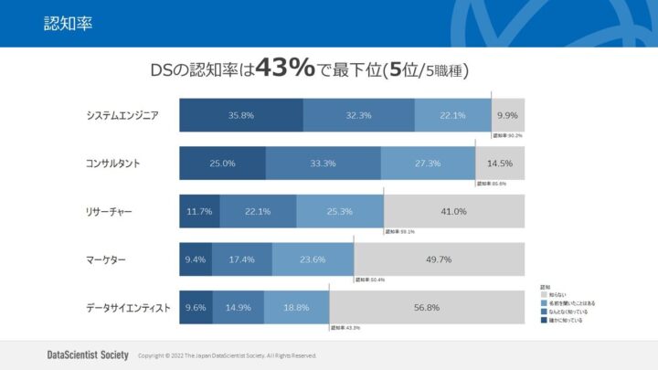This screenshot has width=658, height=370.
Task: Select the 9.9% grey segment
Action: tap(508, 116)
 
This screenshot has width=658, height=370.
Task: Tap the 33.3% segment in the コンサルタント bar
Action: tap(323, 164)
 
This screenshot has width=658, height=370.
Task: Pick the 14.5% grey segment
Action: tap(500, 164)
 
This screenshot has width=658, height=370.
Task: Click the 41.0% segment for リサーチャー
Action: tap(454, 212)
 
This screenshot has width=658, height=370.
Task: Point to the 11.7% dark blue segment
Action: tap(199, 212)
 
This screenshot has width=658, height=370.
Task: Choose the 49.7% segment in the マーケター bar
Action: tap(439, 259)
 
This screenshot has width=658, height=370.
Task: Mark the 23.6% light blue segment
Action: tap(313, 259)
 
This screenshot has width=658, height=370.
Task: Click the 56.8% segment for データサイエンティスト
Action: tap(427, 308)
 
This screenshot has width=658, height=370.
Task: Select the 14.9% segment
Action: tap(238, 308)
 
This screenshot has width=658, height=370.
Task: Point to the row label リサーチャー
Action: tap(109, 212)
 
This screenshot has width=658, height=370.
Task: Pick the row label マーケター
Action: tap(105, 260)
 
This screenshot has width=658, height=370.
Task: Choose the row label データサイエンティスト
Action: tap(128, 308)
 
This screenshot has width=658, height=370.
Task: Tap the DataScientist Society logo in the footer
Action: tap(88, 354)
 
